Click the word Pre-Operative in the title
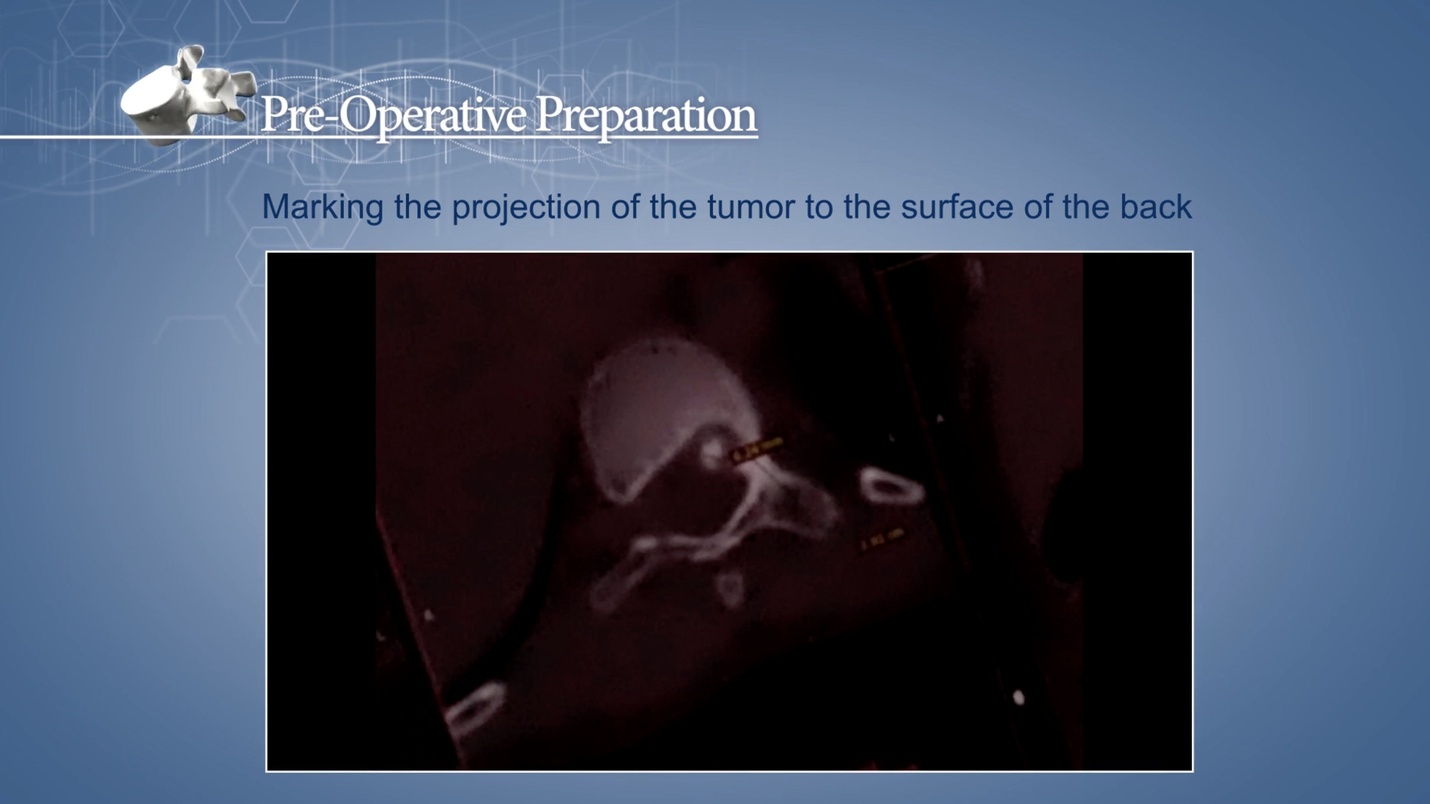[x=393, y=115]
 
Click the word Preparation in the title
[x=646, y=115]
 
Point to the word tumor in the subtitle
[x=751, y=207]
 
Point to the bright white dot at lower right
[x=1019, y=698]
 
